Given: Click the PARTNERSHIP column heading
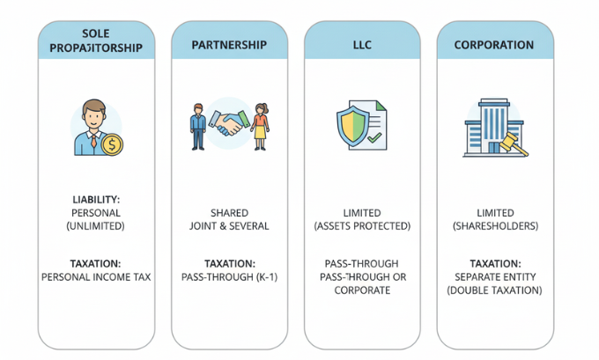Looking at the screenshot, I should click(x=228, y=44).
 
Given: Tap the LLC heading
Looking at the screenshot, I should click(x=361, y=44).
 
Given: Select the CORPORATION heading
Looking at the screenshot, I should click(x=493, y=44).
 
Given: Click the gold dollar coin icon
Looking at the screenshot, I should click(x=112, y=144).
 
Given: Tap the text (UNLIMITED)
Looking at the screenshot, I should click(x=95, y=225).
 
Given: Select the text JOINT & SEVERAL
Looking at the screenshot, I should click(x=229, y=225).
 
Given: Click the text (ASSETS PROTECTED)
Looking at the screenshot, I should click(x=362, y=225).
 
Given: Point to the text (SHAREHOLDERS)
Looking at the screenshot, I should click(x=494, y=225).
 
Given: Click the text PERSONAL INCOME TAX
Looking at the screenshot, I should click(x=95, y=276).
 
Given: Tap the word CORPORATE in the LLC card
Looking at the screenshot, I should click(x=362, y=290).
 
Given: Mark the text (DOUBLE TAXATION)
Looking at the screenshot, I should click(x=494, y=290).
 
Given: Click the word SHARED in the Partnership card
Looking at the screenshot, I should click(x=229, y=213).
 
